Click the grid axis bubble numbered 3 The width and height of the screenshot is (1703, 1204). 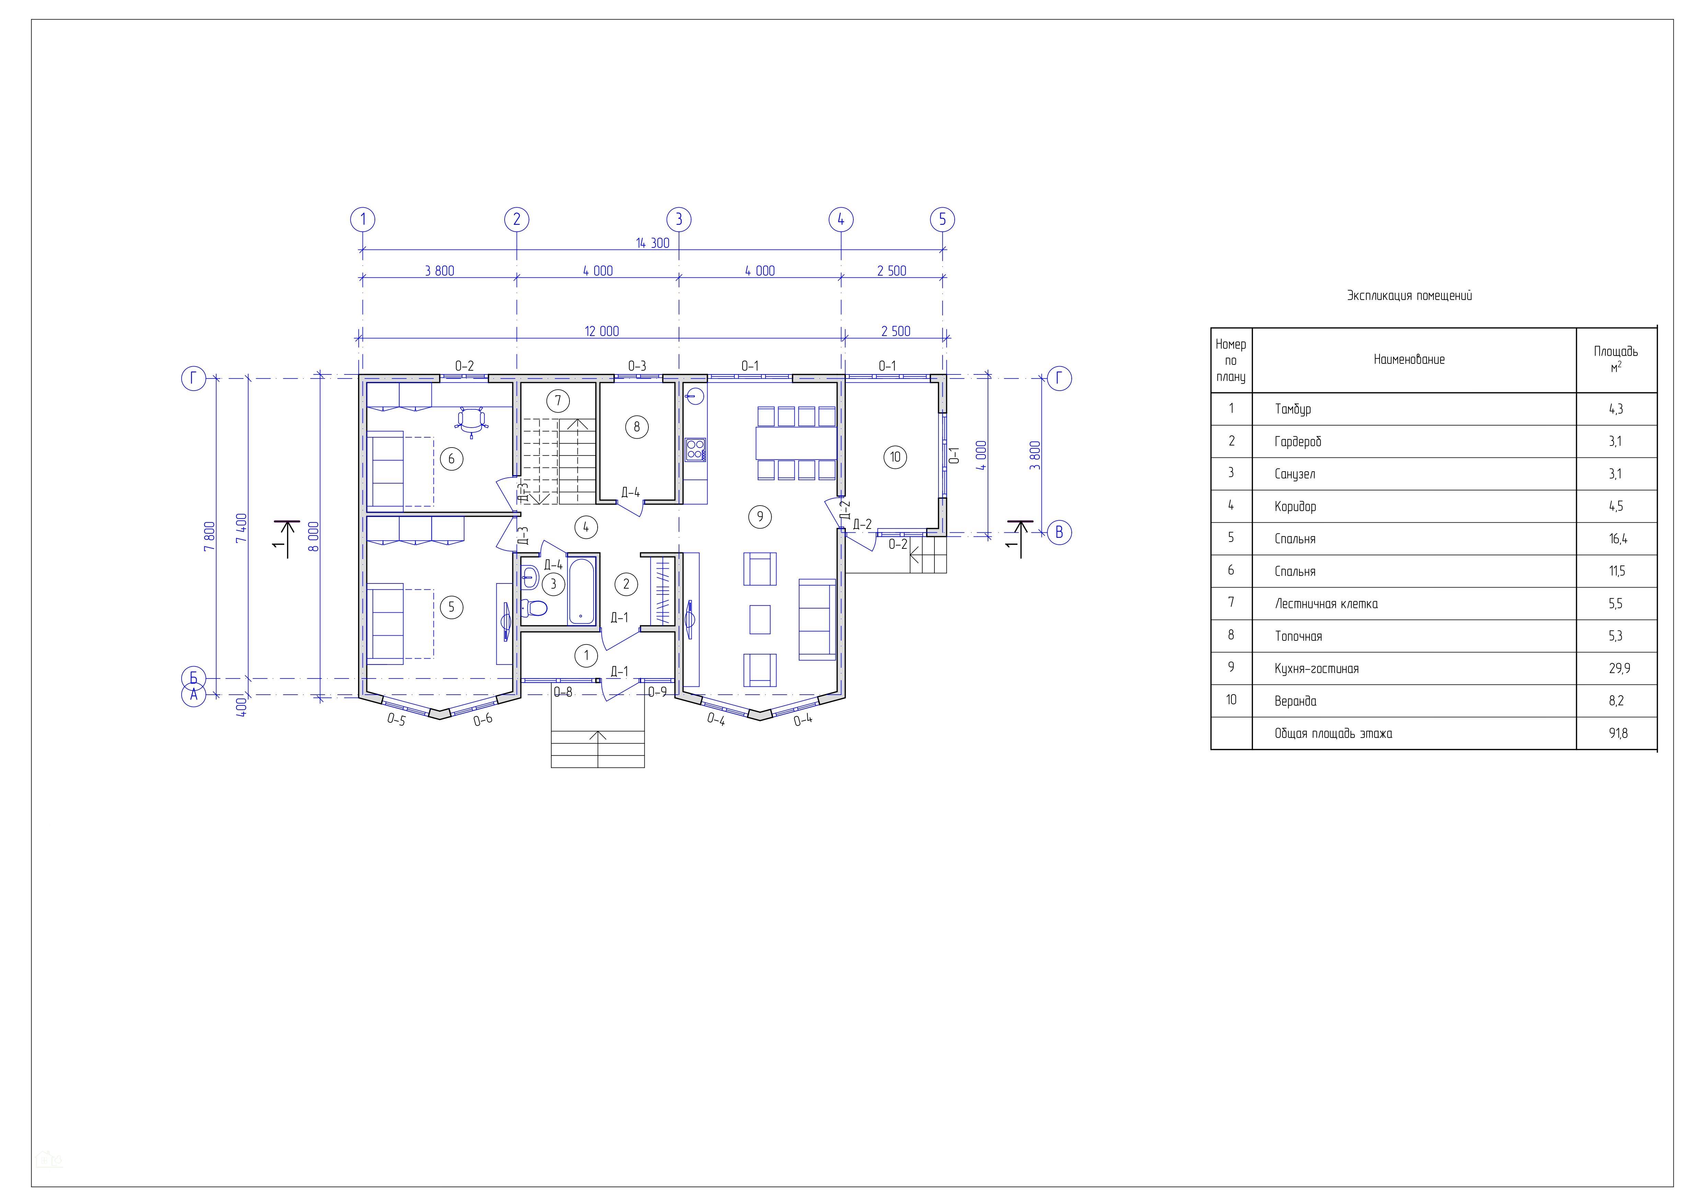tap(679, 219)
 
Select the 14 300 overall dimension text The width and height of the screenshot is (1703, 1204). tap(653, 243)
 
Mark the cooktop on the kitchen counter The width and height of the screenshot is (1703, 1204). tap(695, 449)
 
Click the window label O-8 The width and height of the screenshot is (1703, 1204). tap(563, 693)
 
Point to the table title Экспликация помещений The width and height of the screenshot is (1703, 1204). tap(1409, 296)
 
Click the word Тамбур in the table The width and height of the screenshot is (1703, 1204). tap(1293, 409)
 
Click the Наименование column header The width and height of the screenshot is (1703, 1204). tap(1409, 360)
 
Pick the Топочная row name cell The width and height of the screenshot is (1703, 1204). tap(1298, 636)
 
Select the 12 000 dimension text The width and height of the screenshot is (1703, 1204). tap(601, 332)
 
